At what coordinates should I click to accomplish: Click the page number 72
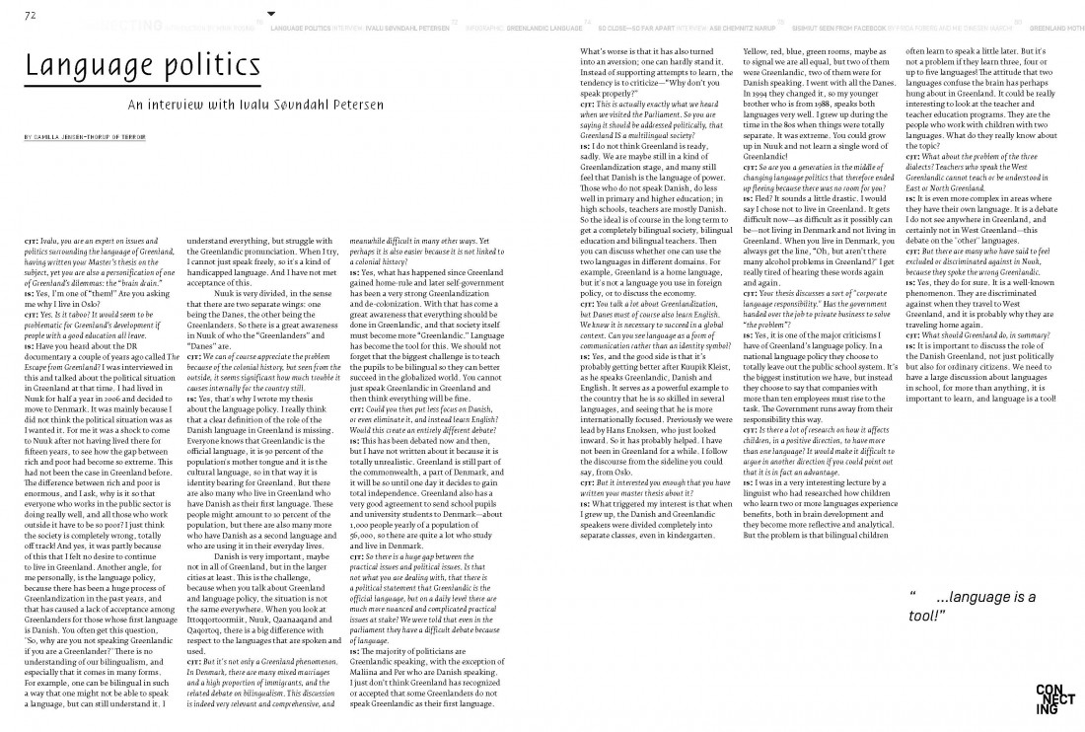tap(30, 14)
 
